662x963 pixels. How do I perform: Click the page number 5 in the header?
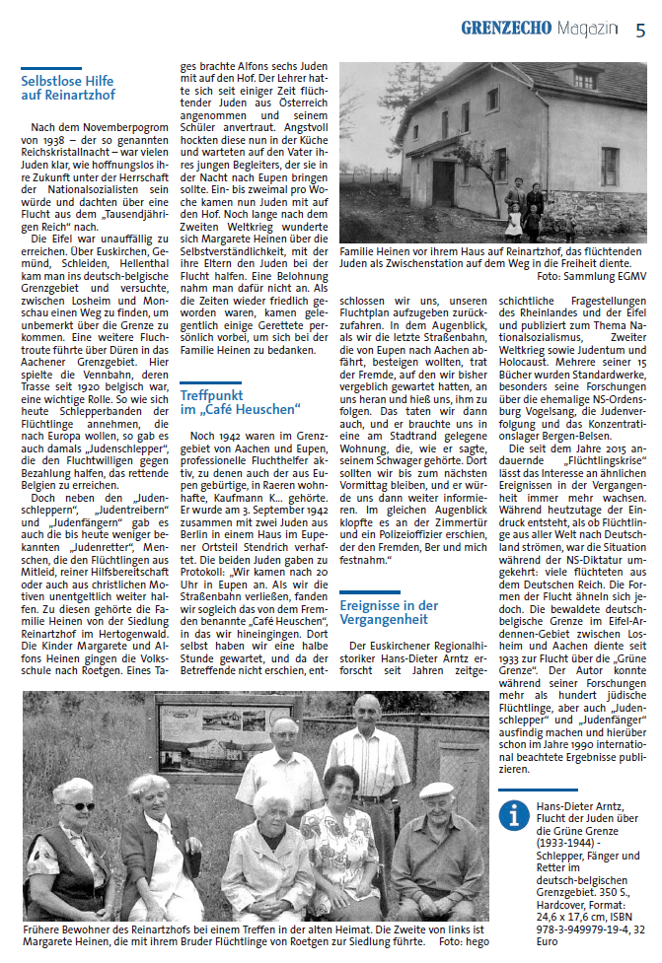640,29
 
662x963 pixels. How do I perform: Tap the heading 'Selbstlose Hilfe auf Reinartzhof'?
68,88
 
